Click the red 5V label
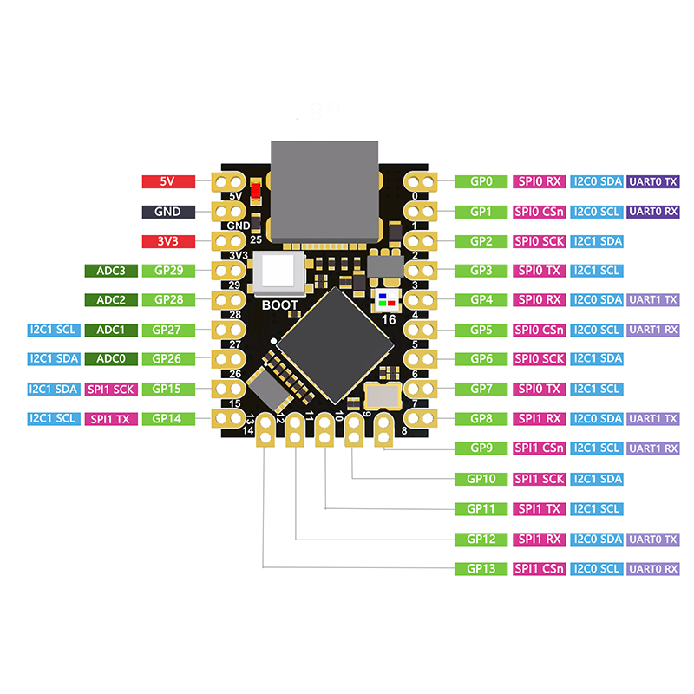point(168,181)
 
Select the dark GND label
point(168,212)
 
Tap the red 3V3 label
point(168,241)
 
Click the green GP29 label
point(168,271)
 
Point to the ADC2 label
point(111,300)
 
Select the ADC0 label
point(111,358)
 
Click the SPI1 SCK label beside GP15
point(111,389)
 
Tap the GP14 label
point(168,418)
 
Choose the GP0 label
point(481,181)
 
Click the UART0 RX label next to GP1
point(653,212)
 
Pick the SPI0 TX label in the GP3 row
point(540,271)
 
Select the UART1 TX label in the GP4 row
point(653,300)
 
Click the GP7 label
point(481,389)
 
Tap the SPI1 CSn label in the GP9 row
point(540,448)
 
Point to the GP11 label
point(481,508)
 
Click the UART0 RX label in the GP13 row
point(653,569)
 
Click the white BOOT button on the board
point(279,276)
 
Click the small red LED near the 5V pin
point(256,192)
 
